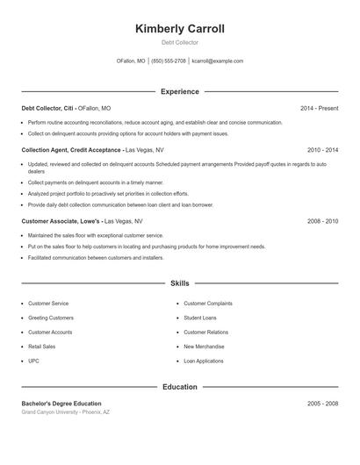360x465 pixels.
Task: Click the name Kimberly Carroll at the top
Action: [x=180, y=29]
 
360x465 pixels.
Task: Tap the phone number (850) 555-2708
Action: [x=169, y=61]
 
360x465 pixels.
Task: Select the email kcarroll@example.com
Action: [x=217, y=61]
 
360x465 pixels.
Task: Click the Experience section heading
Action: [x=180, y=91]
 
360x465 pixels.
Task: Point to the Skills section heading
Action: [x=180, y=284]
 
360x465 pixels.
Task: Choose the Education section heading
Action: [x=180, y=386]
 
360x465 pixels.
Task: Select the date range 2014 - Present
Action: [x=319, y=108]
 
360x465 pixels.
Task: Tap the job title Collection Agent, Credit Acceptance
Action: [x=72, y=150]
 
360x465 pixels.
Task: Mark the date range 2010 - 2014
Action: [x=322, y=150]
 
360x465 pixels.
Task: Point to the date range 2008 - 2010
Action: [x=322, y=221]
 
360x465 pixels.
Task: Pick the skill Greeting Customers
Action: [x=51, y=318]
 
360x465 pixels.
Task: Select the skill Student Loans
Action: [x=199, y=318]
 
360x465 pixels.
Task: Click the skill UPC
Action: [x=33, y=361]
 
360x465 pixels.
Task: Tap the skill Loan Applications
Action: [x=204, y=361]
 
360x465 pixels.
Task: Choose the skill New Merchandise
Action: [x=204, y=347]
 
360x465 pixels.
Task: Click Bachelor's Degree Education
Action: [x=61, y=404]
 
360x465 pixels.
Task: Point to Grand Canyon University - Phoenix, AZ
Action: [x=67, y=411]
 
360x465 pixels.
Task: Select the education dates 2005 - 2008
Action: [x=322, y=404]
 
